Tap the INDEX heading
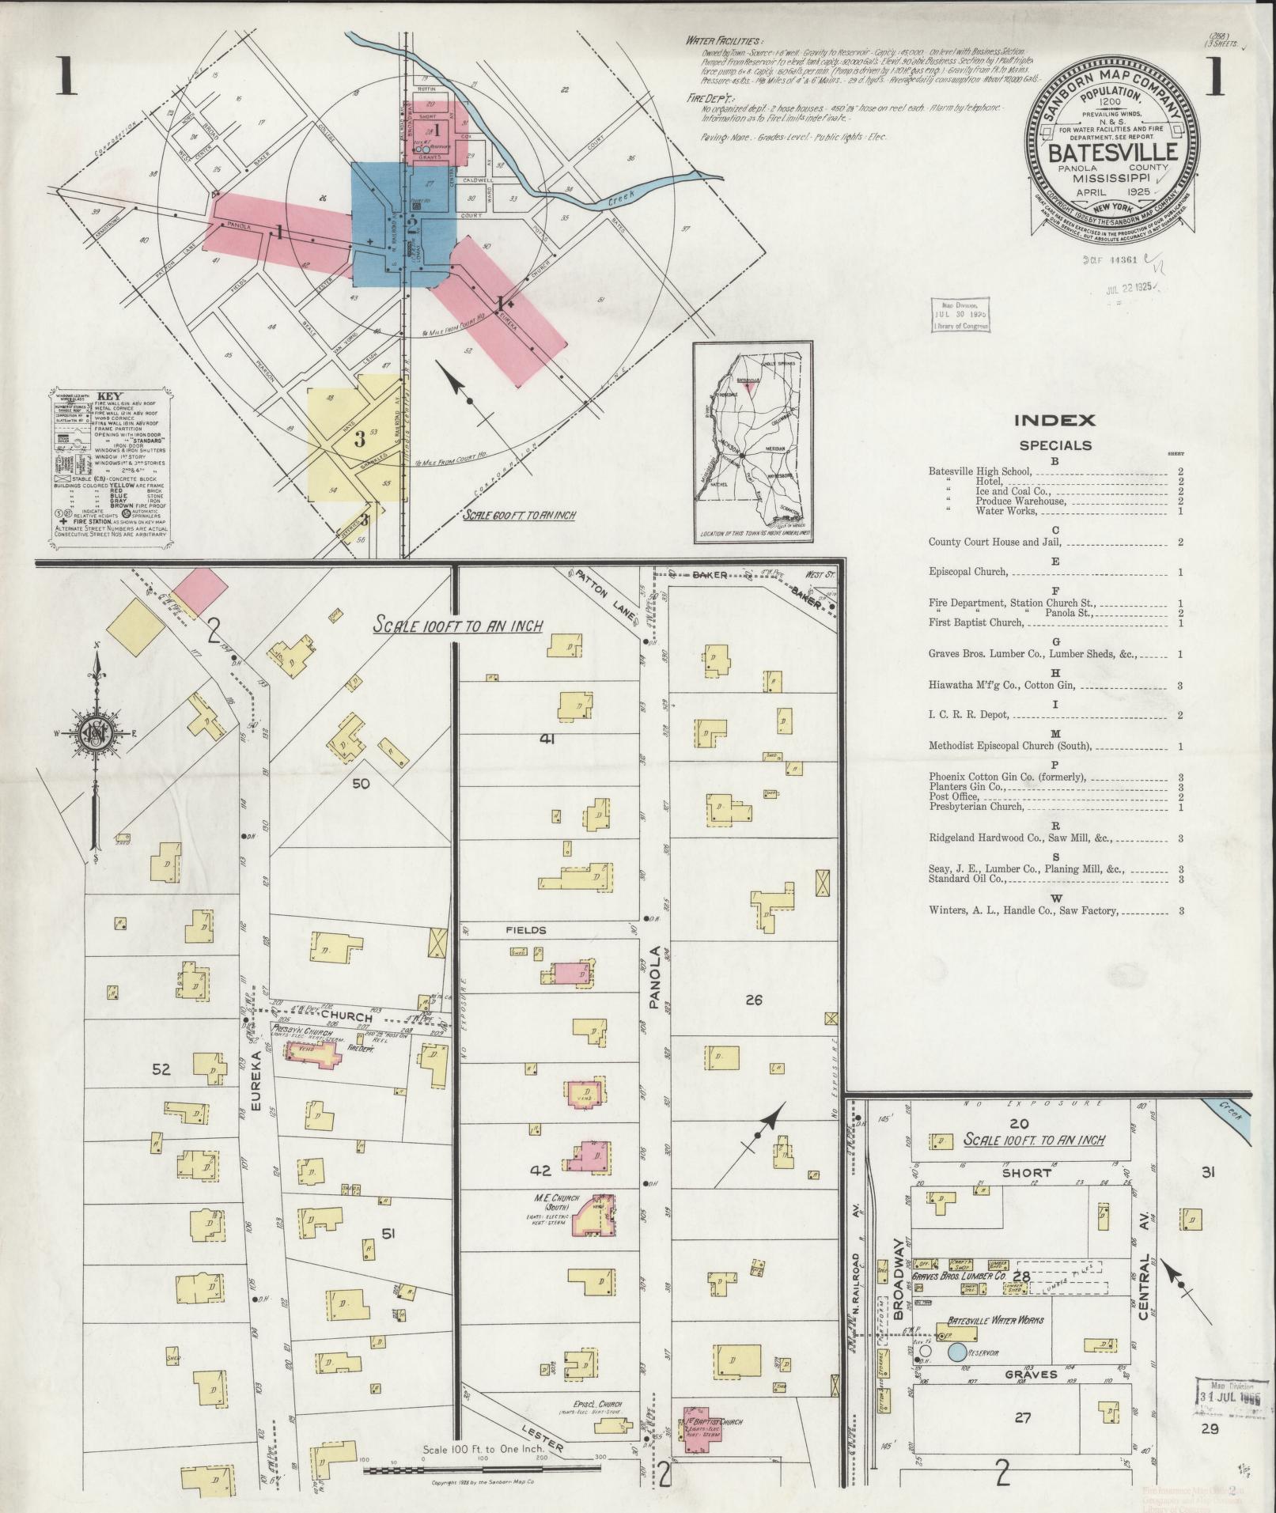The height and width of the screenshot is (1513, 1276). pyautogui.click(x=1054, y=421)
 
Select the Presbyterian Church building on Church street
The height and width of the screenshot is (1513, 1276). pyautogui.click(x=309, y=1054)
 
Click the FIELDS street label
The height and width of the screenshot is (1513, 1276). pyautogui.click(x=526, y=930)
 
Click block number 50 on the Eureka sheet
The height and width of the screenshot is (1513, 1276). pyautogui.click(x=361, y=783)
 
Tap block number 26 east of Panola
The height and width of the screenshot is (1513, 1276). pyautogui.click(x=753, y=1000)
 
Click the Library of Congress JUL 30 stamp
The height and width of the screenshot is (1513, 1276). pyautogui.click(x=959, y=315)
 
